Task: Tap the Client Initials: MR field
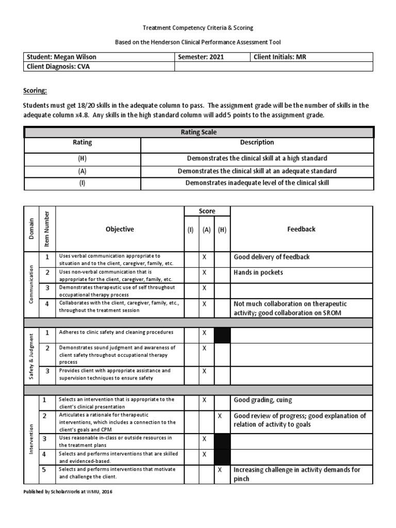tap(280, 57)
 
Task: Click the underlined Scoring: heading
tap(35, 91)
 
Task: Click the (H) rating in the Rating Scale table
tap(82, 159)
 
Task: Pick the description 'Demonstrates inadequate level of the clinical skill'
tap(257, 183)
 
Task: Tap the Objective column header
tap(120, 229)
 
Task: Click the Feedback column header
tap(301, 229)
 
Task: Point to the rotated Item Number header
tap(46, 228)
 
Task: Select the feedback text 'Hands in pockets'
tap(258, 272)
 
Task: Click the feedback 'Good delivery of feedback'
tap(272, 257)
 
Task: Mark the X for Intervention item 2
tap(220, 416)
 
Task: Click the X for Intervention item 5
tap(220, 470)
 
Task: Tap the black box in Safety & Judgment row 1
tap(222, 336)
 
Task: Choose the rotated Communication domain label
tap(31, 284)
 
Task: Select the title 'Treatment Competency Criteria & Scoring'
tap(198, 27)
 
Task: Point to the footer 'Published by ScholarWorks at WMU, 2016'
tap(68, 492)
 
